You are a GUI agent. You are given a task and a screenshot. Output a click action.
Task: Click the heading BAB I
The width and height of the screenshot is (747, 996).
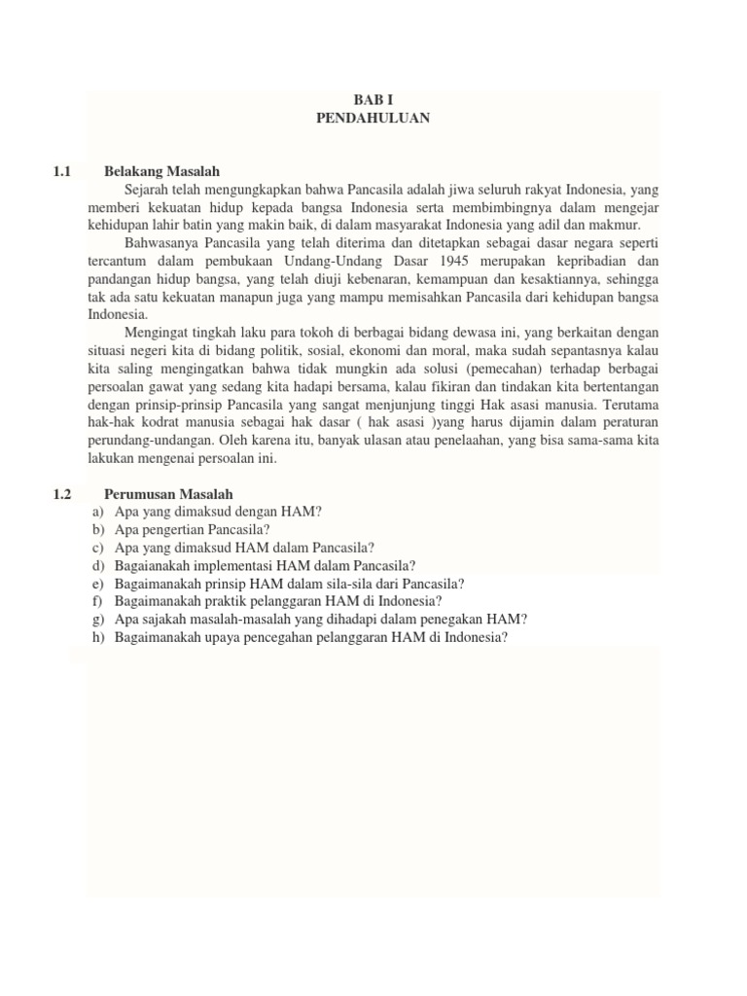click(x=373, y=100)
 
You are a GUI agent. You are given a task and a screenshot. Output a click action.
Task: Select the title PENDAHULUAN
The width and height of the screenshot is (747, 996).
click(x=373, y=118)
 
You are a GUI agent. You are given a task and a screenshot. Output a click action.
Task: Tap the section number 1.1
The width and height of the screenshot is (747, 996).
click(x=64, y=172)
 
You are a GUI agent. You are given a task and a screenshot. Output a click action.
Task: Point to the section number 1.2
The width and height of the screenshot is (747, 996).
click(x=64, y=494)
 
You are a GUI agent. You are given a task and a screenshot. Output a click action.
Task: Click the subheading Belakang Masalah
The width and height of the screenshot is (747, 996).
click(x=162, y=172)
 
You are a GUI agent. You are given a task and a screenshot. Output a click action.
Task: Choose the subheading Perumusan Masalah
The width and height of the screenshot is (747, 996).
click(x=168, y=494)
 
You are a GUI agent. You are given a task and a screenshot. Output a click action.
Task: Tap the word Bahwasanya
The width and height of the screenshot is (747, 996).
click(x=160, y=243)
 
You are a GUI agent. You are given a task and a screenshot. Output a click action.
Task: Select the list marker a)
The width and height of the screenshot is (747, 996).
click(x=97, y=512)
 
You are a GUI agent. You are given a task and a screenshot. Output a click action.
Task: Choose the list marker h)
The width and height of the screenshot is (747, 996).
click(x=97, y=638)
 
